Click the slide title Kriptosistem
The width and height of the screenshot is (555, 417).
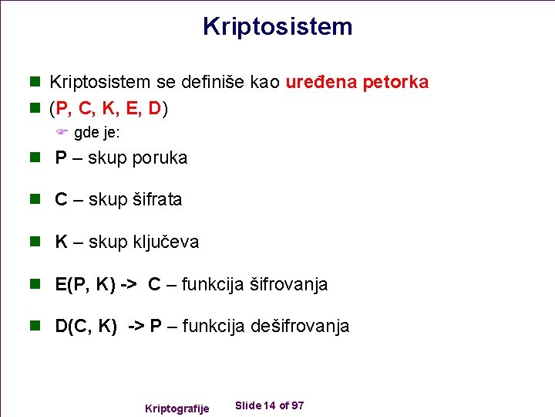pos(277,26)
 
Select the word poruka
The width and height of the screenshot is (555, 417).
pos(160,158)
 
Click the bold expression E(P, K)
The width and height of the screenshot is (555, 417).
pos(86,285)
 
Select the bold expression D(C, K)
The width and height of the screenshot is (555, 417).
pos(86,327)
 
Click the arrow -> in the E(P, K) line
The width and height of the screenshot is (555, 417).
pos(129,285)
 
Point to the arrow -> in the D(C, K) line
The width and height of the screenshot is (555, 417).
pos(135,327)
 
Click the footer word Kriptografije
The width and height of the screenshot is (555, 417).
pos(177,409)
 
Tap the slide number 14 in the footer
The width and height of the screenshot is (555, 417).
pos(269,406)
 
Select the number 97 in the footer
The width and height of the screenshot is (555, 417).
pos(298,406)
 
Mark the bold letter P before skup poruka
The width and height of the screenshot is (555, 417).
pos(60,158)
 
